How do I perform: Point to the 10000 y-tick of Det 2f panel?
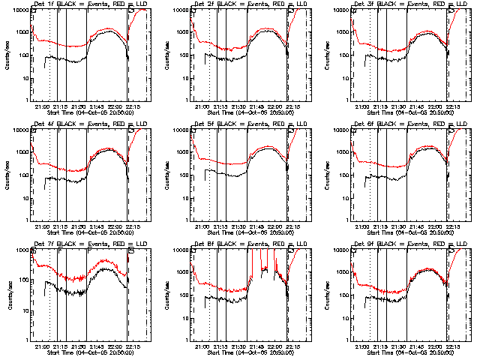pos(180,10)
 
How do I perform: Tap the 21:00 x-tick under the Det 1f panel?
pos(42,105)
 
